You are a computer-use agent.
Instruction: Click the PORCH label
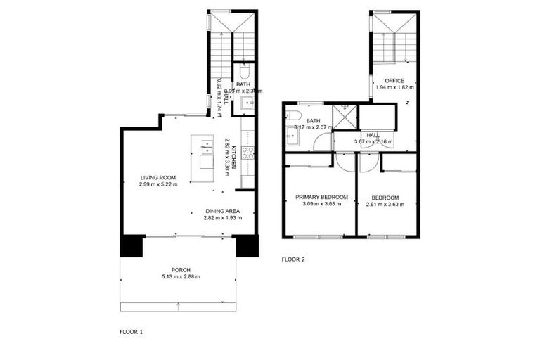click(x=181, y=269)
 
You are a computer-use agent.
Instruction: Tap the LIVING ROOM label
click(x=157, y=177)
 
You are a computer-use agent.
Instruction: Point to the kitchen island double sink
click(x=207, y=147)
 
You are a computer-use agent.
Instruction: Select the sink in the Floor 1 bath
click(x=247, y=104)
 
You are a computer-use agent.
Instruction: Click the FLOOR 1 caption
click(x=131, y=330)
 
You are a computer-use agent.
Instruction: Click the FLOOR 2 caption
click(x=293, y=259)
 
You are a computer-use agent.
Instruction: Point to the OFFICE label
click(x=394, y=81)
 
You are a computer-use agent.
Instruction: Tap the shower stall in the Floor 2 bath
click(x=345, y=117)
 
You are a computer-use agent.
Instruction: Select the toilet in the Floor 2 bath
click(x=294, y=115)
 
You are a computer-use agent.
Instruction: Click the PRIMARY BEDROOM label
click(x=321, y=197)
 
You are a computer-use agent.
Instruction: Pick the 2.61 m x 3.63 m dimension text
click(x=385, y=205)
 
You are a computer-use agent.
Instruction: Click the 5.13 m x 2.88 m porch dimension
click(x=181, y=276)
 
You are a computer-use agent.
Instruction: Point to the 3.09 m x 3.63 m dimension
click(x=321, y=205)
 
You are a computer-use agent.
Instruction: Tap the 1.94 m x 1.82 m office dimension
click(x=394, y=88)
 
